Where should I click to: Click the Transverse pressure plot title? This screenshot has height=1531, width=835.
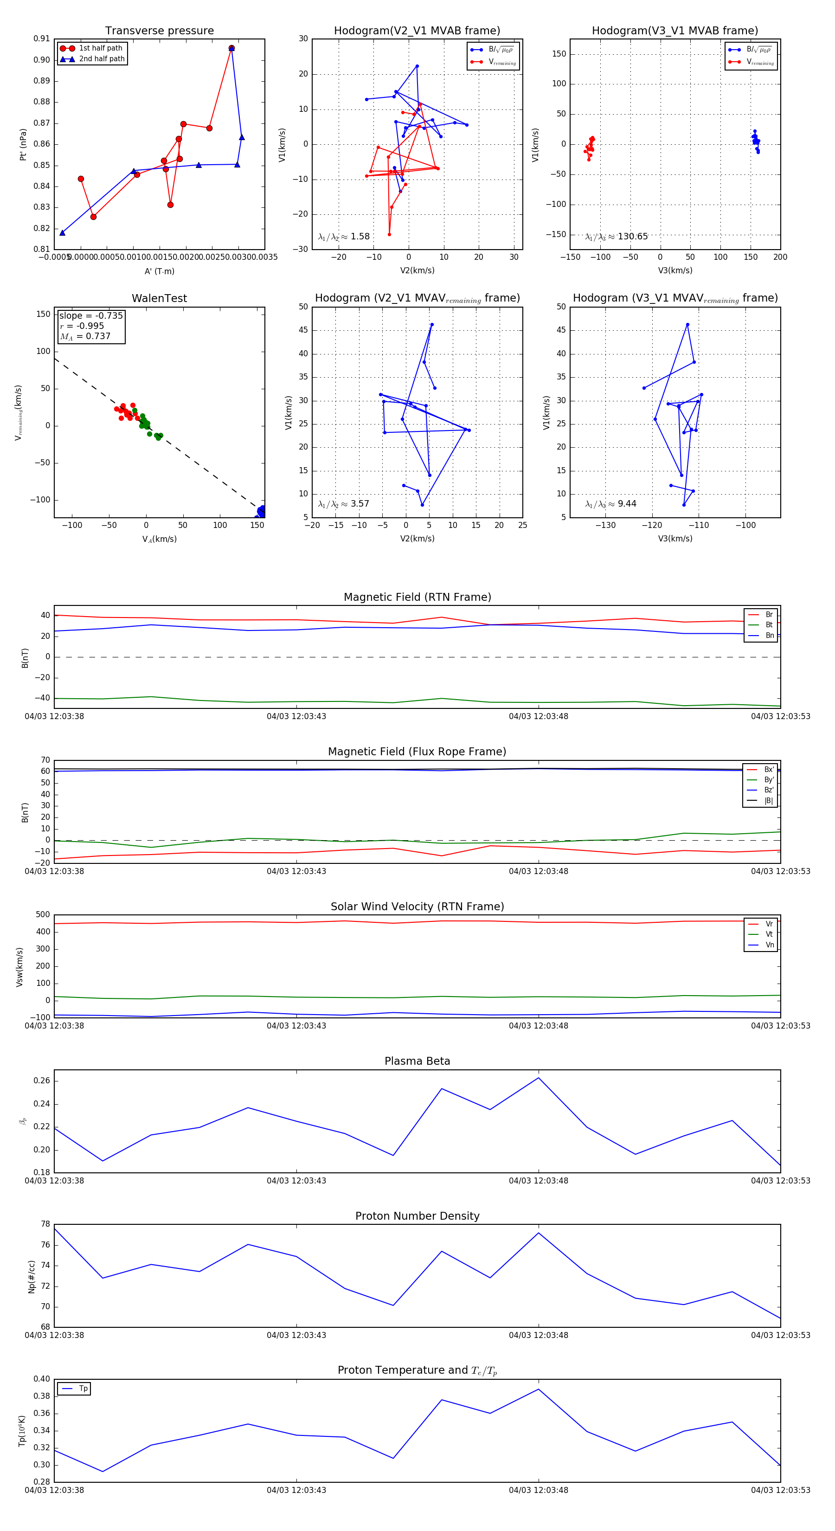click(x=159, y=31)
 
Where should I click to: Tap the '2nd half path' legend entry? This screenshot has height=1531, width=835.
click(x=102, y=59)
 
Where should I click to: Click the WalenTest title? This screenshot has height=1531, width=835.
click(x=159, y=298)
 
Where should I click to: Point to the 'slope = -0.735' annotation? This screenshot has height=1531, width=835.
click(x=91, y=315)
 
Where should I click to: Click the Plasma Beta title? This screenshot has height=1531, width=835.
click(x=417, y=1061)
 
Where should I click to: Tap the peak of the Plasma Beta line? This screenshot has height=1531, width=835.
click(x=539, y=1078)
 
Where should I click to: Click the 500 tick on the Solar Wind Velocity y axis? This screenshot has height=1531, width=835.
click(x=43, y=915)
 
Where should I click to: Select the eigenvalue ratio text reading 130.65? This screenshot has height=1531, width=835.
click(x=617, y=237)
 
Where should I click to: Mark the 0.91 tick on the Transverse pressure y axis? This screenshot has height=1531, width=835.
click(x=42, y=39)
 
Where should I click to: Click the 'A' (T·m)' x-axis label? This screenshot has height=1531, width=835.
click(x=159, y=271)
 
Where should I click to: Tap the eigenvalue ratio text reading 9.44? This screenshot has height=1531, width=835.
click(x=610, y=504)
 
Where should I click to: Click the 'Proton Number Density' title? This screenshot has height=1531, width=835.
click(x=417, y=1216)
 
